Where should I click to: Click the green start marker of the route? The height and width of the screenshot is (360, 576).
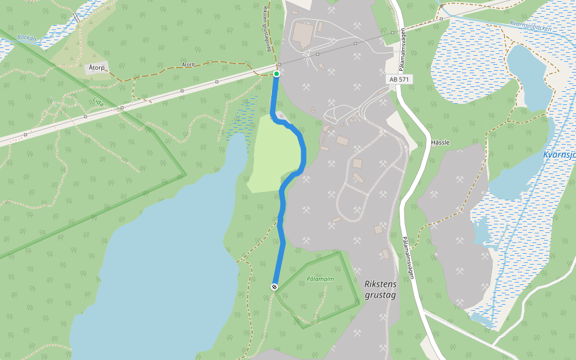(x=277, y=74)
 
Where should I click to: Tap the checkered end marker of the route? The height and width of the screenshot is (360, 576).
(x=274, y=287)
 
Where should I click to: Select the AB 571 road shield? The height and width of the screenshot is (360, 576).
(x=399, y=79)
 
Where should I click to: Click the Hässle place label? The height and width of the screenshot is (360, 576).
(x=440, y=143)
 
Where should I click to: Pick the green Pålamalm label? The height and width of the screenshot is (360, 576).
(x=320, y=279)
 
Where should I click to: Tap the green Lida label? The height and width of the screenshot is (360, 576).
(x=98, y=103)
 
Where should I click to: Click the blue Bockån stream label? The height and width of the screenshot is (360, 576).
(x=27, y=37)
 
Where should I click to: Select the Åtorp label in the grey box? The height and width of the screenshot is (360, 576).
(x=96, y=68)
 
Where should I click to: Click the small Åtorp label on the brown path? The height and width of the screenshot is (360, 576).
(x=188, y=64)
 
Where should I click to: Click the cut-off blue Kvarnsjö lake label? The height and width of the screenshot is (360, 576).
(x=559, y=155)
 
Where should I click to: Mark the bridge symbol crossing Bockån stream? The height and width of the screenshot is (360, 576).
(x=76, y=17)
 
